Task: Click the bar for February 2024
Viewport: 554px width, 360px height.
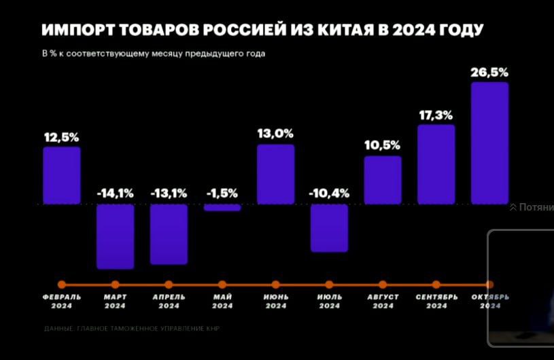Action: pos(62,175)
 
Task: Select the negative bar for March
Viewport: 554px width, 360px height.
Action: pos(115,236)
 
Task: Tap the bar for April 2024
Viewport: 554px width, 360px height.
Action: pos(169,234)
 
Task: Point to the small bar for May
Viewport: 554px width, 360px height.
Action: pos(222,207)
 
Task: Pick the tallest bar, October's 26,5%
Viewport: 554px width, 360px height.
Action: pos(489,143)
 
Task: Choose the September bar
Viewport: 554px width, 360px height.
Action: pos(436,164)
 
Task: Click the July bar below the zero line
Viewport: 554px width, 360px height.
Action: pos(329,228)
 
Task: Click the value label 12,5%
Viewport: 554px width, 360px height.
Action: pos(62,137)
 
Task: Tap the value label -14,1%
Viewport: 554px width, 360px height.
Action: pos(115,194)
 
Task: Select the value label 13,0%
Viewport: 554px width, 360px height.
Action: pos(275,134)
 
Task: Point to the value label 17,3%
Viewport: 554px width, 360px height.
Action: pos(436,115)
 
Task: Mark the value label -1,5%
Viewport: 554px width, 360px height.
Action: pos(222,194)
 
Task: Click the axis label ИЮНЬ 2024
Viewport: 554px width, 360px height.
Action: pos(275,301)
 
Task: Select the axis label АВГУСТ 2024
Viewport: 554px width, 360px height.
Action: pos(383,301)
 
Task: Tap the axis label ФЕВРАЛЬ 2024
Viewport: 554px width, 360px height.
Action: pos(62,301)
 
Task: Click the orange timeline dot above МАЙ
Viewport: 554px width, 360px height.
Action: pos(222,285)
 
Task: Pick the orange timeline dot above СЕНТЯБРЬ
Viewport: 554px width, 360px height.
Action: pos(436,285)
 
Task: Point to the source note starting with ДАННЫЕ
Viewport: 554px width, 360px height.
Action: pos(132,329)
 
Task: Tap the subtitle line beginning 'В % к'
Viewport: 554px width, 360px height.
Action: pos(154,54)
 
